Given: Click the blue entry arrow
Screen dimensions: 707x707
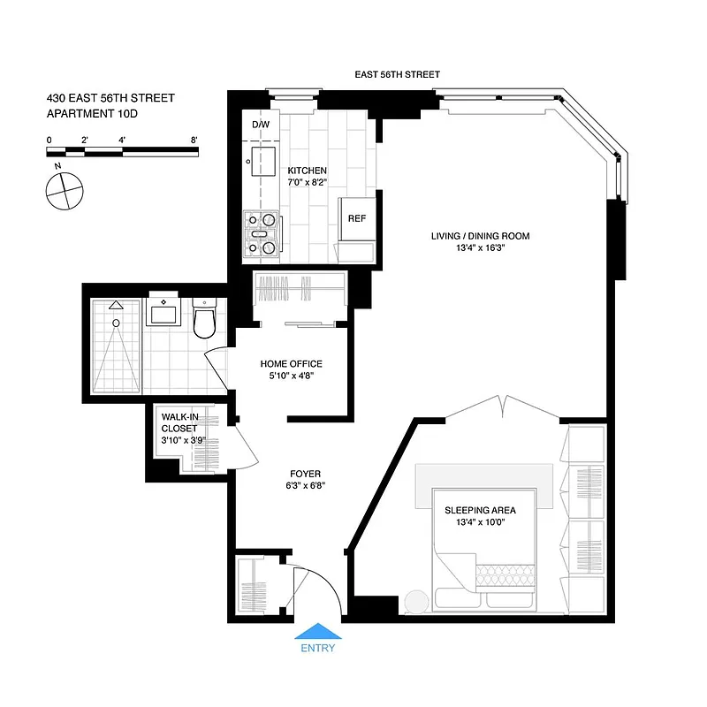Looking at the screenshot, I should point(317,632).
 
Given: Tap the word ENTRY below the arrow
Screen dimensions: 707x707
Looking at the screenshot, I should point(317,648).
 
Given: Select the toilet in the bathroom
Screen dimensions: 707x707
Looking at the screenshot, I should point(204,320).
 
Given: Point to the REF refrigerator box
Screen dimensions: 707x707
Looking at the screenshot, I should point(357,218).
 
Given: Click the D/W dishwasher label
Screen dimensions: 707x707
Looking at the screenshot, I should point(261,125).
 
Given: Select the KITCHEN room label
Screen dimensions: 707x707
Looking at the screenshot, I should point(308,171).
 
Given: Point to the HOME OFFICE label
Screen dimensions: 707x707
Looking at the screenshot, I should point(291,363).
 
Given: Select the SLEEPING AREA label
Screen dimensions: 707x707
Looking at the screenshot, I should point(480,511).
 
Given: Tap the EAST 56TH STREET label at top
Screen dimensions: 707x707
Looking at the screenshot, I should point(397,75).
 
